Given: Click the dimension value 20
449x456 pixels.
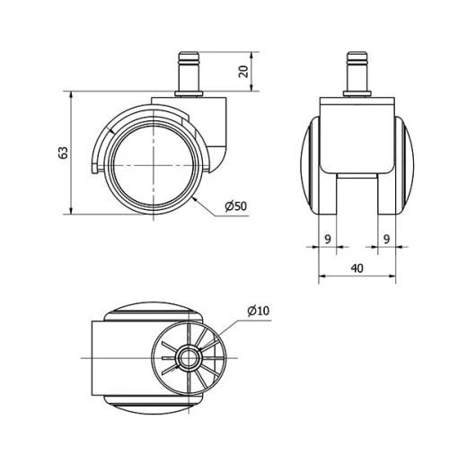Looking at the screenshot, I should pyautogui.click(x=243, y=72).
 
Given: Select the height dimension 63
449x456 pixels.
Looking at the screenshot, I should pyautogui.click(x=63, y=153).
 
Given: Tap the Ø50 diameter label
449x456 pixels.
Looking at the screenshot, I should pyautogui.click(x=235, y=206).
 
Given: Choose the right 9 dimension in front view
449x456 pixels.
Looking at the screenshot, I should pyautogui.click(x=386, y=240).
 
